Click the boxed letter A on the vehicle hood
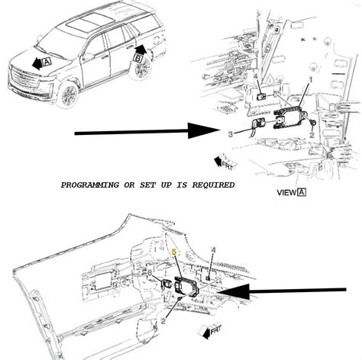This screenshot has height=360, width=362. (47, 62)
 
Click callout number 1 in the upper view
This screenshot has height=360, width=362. (311, 79)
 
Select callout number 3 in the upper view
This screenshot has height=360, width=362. (230, 134)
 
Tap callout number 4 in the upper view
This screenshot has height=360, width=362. (254, 76)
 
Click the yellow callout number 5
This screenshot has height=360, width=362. (174, 251)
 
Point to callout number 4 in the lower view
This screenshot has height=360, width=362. (213, 249)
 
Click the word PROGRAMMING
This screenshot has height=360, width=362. (91, 185)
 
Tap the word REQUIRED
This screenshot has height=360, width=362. (211, 185)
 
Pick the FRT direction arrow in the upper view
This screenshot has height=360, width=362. (225, 161)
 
